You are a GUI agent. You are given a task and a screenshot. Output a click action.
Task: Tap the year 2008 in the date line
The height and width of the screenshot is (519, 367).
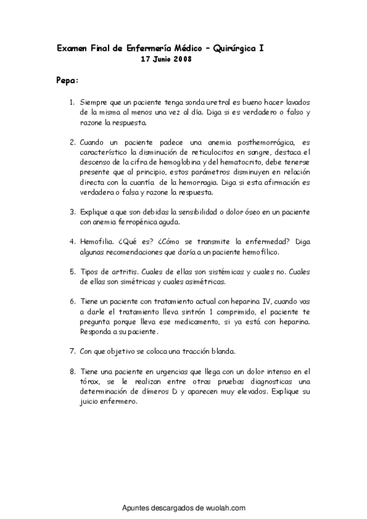point(181,59)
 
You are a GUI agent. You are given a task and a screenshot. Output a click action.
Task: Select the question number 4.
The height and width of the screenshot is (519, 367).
point(72,242)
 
